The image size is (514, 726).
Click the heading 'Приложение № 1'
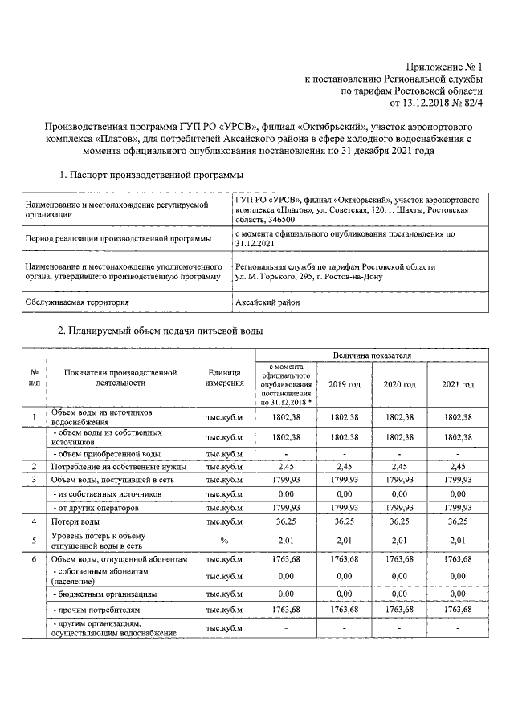(x=444, y=67)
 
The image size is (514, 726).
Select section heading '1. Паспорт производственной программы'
(x=153, y=175)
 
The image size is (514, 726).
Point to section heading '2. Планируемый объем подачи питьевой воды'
(x=160, y=331)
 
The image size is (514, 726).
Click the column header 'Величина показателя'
(x=372, y=354)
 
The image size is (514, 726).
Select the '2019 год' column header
(x=345, y=385)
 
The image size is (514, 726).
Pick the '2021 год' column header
(x=457, y=385)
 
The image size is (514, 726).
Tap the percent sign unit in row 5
(x=225, y=540)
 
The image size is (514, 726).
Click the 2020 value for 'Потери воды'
(x=399, y=521)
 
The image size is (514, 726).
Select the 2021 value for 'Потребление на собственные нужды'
(x=457, y=466)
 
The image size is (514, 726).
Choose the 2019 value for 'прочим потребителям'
(x=345, y=612)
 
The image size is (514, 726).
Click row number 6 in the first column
(x=34, y=558)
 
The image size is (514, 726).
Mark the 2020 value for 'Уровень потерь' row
(x=399, y=540)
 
